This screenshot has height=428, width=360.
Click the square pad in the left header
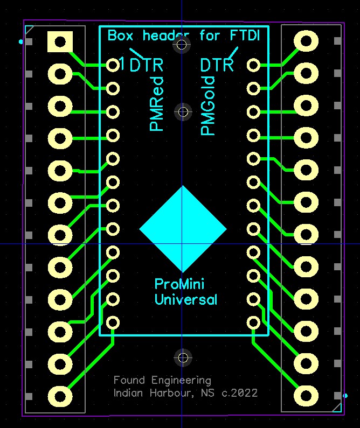click(x=60, y=41)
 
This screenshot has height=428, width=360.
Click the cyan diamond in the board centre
click(x=183, y=229)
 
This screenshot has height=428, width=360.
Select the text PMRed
click(x=156, y=104)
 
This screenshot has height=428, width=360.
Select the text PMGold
click(x=208, y=106)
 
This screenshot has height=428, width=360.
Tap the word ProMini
click(x=179, y=284)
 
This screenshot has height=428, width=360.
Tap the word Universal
click(x=186, y=299)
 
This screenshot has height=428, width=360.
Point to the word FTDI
click(x=245, y=36)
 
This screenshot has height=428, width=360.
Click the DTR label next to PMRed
click(x=146, y=66)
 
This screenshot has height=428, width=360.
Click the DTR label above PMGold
click(x=217, y=65)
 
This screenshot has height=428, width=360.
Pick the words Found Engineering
click(x=162, y=380)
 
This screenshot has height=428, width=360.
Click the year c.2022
click(x=239, y=393)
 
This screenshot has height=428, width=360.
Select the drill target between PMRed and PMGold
click(x=183, y=112)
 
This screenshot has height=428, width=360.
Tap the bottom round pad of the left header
click(x=60, y=395)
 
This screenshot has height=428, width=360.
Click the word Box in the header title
click(x=121, y=36)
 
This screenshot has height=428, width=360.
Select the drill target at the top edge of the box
click(x=182, y=45)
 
